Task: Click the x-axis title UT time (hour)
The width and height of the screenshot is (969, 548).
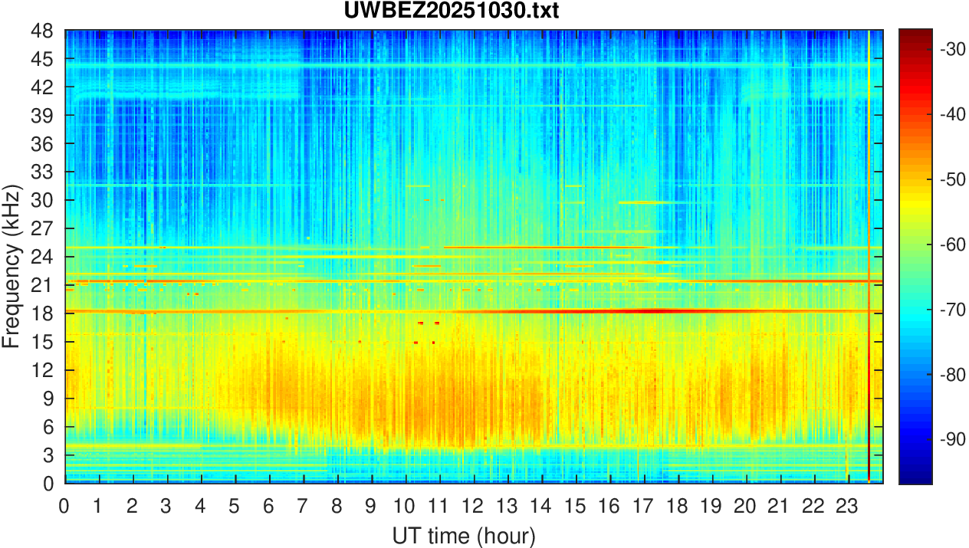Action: [463, 534]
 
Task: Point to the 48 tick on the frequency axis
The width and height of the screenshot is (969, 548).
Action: [41, 31]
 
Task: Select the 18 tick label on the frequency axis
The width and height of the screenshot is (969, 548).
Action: [41, 313]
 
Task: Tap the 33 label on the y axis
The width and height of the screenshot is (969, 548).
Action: [41, 172]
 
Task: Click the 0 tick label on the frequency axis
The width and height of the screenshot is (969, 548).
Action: [48, 484]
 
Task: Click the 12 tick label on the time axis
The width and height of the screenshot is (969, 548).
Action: [473, 506]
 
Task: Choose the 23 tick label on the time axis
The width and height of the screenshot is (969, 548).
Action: [848, 506]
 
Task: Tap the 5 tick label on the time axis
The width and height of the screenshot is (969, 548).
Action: [235, 506]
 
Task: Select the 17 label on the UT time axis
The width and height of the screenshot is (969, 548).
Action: [643, 506]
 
